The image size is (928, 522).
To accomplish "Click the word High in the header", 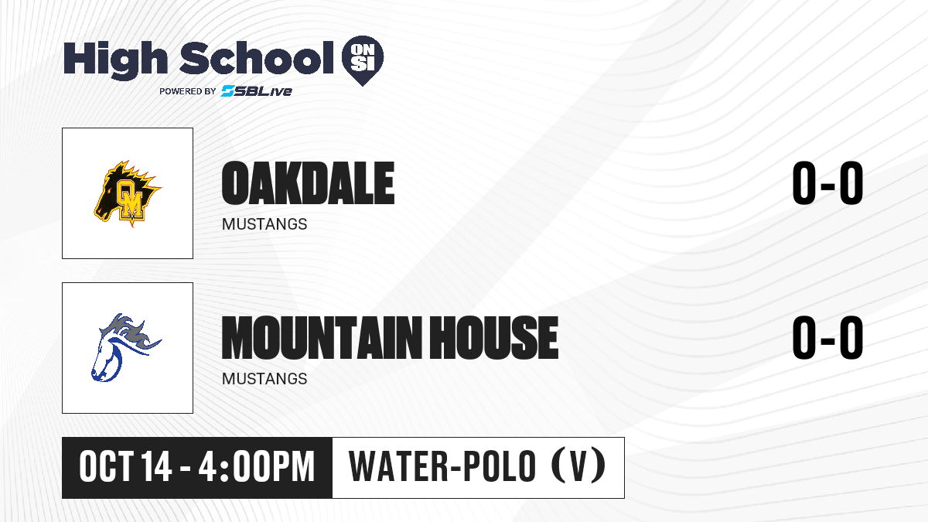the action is pyautogui.click(x=115, y=60).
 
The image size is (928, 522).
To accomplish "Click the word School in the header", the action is pyautogui.click(x=257, y=57).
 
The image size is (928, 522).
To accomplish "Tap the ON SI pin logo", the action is pyautogui.click(x=363, y=60).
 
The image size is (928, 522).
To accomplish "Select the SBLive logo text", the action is pyautogui.click(x=257, y=91).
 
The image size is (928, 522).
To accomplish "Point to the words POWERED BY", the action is pyautogui.click(x=188, y=91).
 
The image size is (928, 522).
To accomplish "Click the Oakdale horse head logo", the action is pyautogui.click(x=128, y=193).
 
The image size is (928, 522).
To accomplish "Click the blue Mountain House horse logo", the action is pyautogui.click(x=126, y=347).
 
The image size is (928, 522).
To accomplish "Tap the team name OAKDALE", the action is pyautogui.click(x=308, y=183).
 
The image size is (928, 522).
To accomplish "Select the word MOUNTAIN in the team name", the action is pyautogui.click(x=322, y=338).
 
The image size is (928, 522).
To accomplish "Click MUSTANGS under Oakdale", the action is pyautogui.click(x=264, y=224).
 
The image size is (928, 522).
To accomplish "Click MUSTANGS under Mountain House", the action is pyautogui.click(x=264, y=379).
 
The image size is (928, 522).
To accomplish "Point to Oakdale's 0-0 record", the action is pyautogui.click(x=827, y=183).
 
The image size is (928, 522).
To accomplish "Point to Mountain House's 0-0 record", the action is pyautogui.click(x=827, y=338).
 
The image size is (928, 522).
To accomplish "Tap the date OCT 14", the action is pyautogui.click(x=125, y=467).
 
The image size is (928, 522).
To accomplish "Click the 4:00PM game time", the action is pyautogui.click(x=257, y=467).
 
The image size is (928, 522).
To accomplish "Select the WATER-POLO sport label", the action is pyautogui.click(x=442, y=467).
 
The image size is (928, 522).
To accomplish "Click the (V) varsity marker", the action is pyautogui.click(x=578, y=466).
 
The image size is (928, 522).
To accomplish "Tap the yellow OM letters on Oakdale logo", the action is pyautogui.click(x=130, y=200).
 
